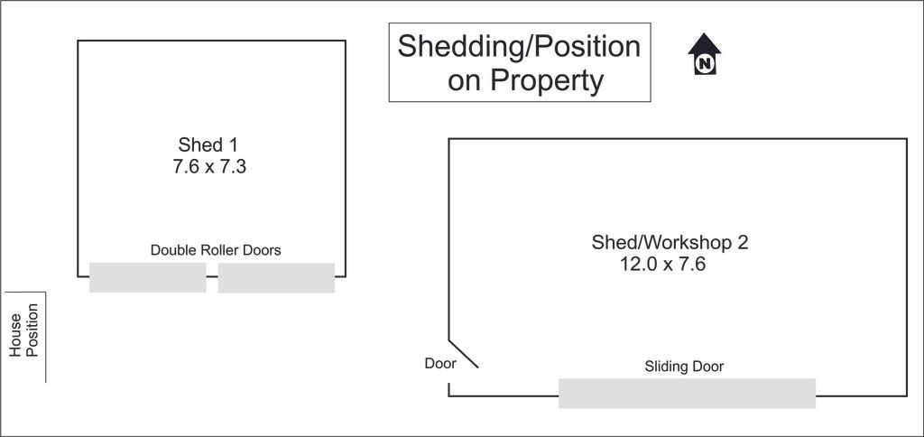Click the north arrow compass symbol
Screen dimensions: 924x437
[704, 53]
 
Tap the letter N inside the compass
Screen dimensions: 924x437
[704, 63]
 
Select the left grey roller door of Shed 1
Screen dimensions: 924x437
[148, 277]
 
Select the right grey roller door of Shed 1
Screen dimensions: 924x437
[276, 278]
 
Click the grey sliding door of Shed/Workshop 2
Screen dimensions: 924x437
[687, 394]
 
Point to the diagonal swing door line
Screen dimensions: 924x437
[463, 354]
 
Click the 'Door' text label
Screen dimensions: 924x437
[440, 364]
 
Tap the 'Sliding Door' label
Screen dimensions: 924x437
[684, 367]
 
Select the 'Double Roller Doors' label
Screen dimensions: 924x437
[216, 250]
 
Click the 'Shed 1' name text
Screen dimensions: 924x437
[208, 144]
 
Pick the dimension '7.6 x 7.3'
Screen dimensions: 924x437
[209, 167]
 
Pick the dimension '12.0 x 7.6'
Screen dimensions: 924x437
[662, 264]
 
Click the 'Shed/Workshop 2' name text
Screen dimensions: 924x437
[670, 242]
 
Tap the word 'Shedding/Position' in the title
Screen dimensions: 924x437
[519, 47]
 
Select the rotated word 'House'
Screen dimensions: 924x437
[15, 335]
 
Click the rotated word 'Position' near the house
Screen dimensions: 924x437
[32, 330]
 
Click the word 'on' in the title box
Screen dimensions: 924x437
[465, 82]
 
